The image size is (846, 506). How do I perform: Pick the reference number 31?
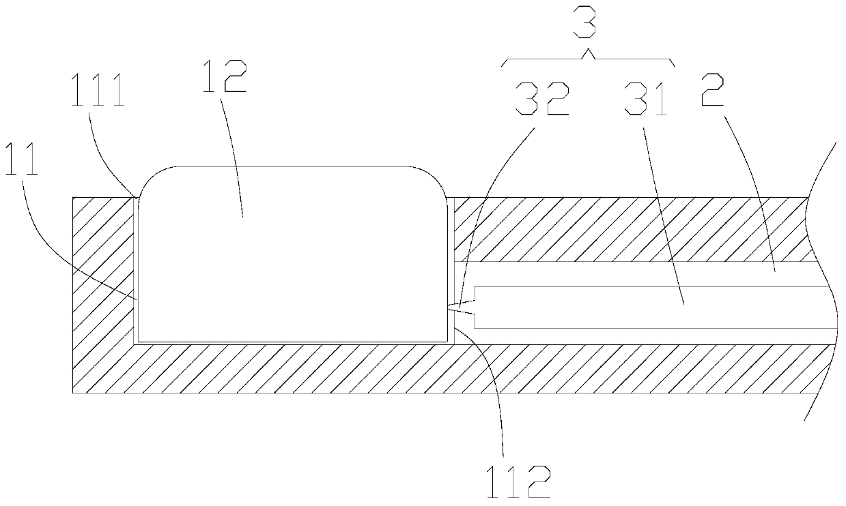click(x=645, y=101)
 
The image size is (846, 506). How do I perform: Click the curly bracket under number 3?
click(x=589, y=59)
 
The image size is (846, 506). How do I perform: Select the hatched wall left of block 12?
click(x=103, y=273)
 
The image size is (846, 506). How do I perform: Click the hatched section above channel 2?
click(x=628, y=229)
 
